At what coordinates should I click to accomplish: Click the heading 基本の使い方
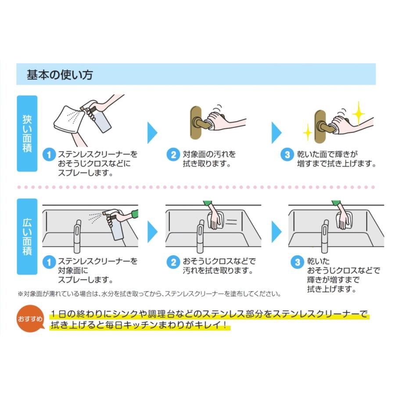point(60,75)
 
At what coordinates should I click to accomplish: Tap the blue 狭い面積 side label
point(27,133)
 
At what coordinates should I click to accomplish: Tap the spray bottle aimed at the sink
point(116,224)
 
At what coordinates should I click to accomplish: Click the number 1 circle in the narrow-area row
point(50,154)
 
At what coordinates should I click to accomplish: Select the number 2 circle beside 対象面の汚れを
point(174,154)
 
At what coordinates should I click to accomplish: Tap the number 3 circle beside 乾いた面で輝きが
point(287,154)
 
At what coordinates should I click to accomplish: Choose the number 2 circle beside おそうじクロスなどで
point(174,262)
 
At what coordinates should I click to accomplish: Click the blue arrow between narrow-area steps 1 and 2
point(152,132)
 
